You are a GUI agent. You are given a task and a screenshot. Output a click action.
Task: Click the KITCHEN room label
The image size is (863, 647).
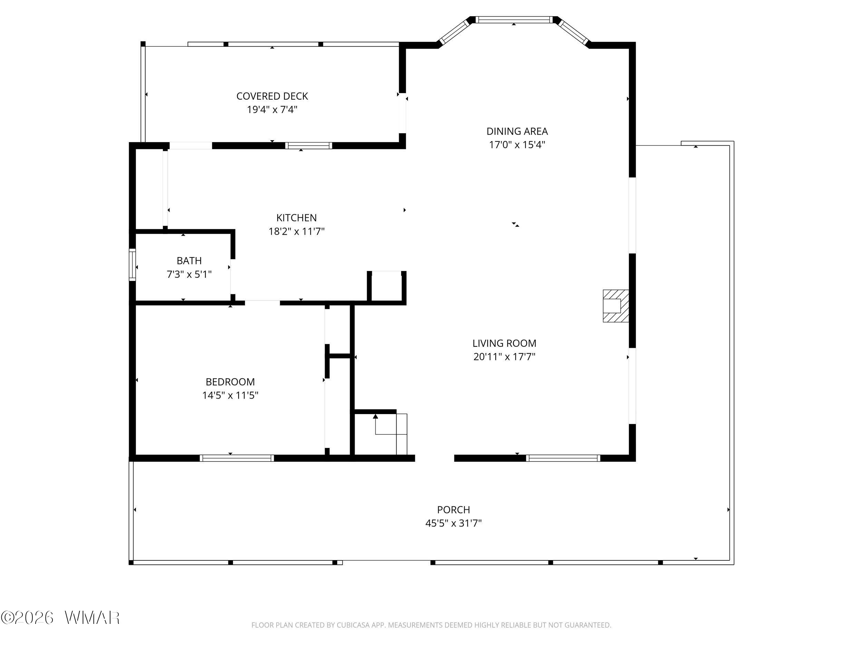[x=297, y=218]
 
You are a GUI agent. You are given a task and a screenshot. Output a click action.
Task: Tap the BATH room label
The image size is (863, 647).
[x=189, y=261]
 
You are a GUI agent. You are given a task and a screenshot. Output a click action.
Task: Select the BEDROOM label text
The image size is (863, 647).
[x=230, y=381]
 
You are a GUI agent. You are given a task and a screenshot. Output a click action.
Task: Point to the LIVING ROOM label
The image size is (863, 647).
[x=504, y=343]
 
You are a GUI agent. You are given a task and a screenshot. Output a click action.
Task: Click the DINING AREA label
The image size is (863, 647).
[x=517, y=131]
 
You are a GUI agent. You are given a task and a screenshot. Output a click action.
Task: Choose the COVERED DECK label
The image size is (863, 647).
[x=272, y=96]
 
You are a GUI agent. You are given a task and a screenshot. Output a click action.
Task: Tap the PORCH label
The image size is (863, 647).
[x=453, y=509]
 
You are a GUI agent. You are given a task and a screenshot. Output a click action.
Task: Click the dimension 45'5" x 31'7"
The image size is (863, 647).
[x=453, y=523]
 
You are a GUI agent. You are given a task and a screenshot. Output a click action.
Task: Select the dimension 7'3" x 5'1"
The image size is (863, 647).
[x=189, y=274]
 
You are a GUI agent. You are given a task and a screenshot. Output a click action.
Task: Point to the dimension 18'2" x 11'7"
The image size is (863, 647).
[x=297, y=231]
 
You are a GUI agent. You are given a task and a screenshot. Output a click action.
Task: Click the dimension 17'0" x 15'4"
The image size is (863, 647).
[x=517, y=145]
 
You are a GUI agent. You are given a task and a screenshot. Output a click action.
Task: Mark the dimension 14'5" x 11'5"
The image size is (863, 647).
[x=230, y=395]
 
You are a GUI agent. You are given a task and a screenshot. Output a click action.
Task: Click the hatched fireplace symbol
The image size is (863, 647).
[x=615, y=306]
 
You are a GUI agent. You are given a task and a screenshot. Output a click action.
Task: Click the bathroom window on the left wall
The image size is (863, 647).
[x=132, y=265]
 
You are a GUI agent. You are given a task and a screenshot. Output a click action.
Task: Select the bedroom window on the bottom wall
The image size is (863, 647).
[x=237, y=458]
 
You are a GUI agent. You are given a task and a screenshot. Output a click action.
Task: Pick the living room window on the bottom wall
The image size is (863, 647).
[x=563, y=458]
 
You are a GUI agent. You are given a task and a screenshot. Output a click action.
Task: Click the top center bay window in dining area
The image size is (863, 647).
[x=514, y=20]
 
